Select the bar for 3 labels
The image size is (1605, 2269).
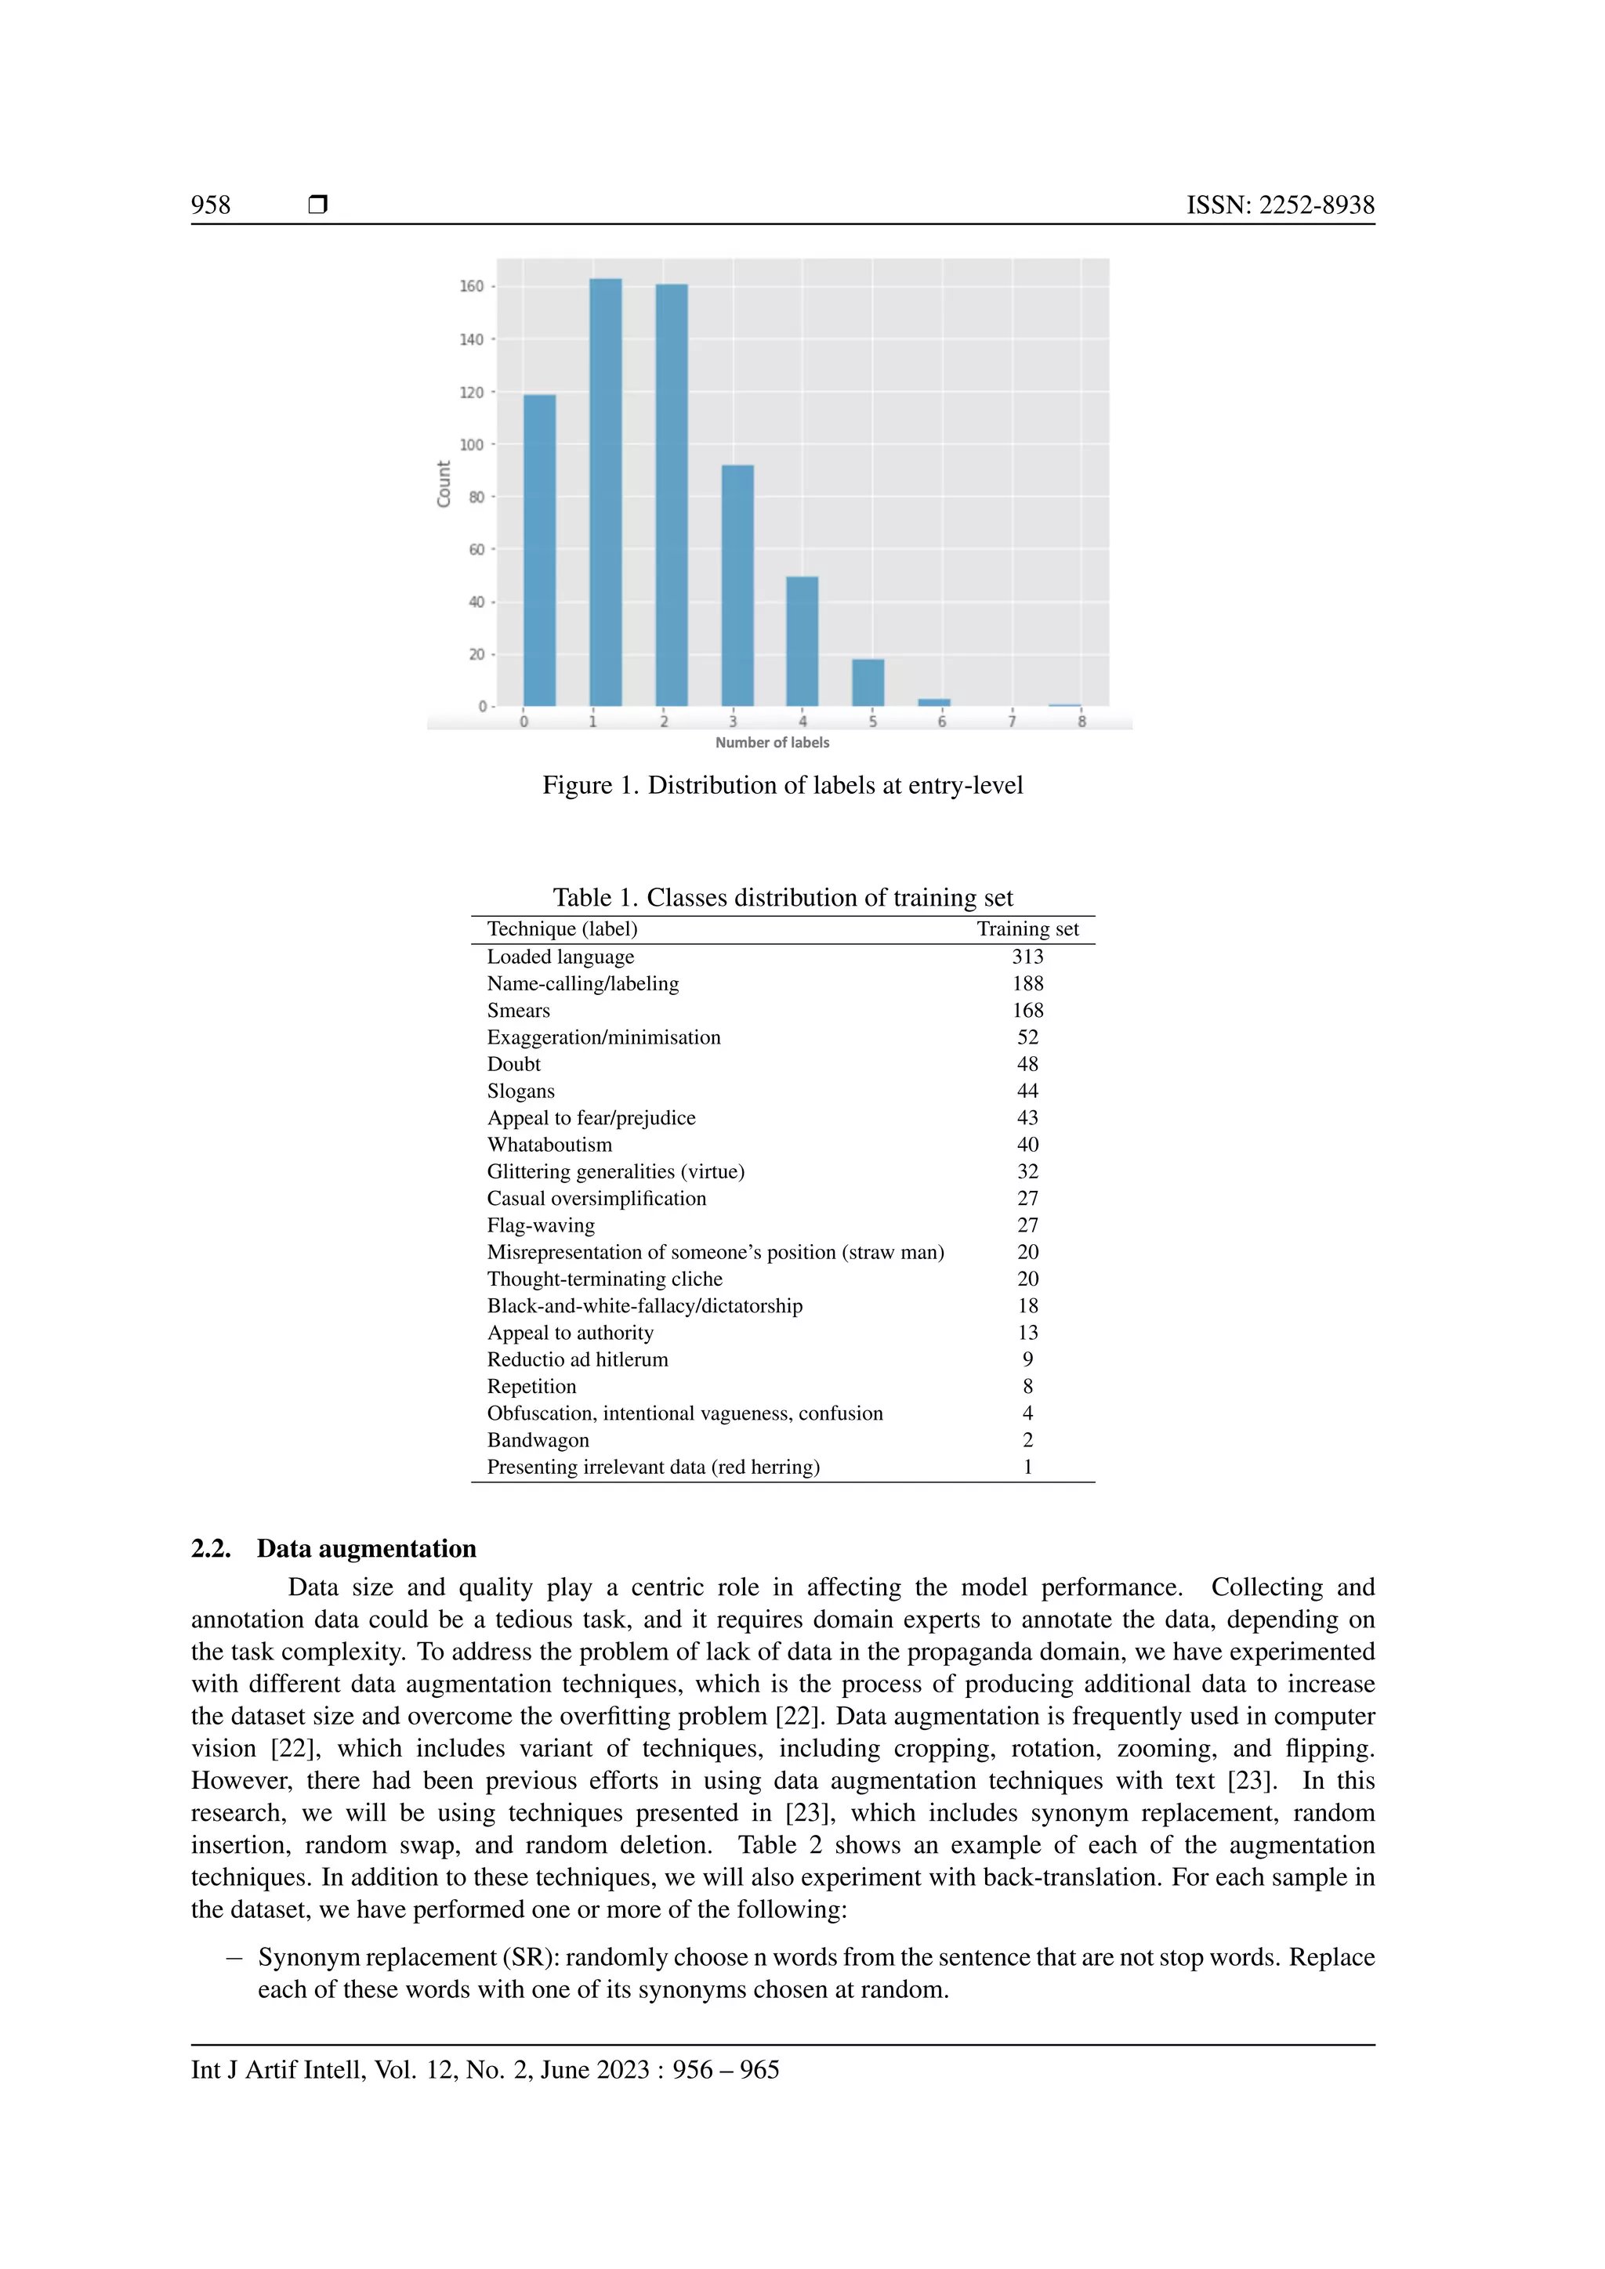click(737, 585)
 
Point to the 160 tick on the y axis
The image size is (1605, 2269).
click(472, 287)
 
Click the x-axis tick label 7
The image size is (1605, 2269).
click(1011, 722)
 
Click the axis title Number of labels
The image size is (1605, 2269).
click(772, 742)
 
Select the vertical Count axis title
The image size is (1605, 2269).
click(444, 484)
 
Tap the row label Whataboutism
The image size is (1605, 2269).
click(549, 1145)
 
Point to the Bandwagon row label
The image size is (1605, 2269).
click(538, 1440)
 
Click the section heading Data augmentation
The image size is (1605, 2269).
click(366, 1548)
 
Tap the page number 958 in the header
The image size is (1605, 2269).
click(211, 204)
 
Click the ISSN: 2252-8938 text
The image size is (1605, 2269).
click(1280, 204)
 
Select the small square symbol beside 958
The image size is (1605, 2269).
click(317, 204)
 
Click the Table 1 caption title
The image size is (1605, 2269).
click(782, 897)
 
